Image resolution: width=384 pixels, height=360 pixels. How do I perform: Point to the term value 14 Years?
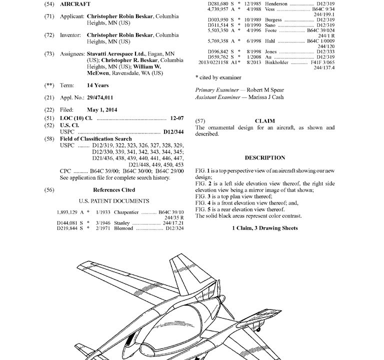[98, 85]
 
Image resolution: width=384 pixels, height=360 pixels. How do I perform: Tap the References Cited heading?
[114, 190]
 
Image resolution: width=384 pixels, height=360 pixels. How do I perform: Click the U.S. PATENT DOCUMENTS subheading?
[114, 201]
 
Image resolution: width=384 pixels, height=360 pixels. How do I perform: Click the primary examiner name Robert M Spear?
[257, 89]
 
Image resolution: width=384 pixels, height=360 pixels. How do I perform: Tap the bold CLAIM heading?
[264, 121]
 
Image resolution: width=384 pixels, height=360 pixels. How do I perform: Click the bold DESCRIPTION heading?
[265, 158]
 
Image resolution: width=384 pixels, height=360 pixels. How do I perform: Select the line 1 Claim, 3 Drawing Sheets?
[265, 228]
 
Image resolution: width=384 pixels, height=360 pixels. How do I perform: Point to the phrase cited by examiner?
[220, 77]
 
